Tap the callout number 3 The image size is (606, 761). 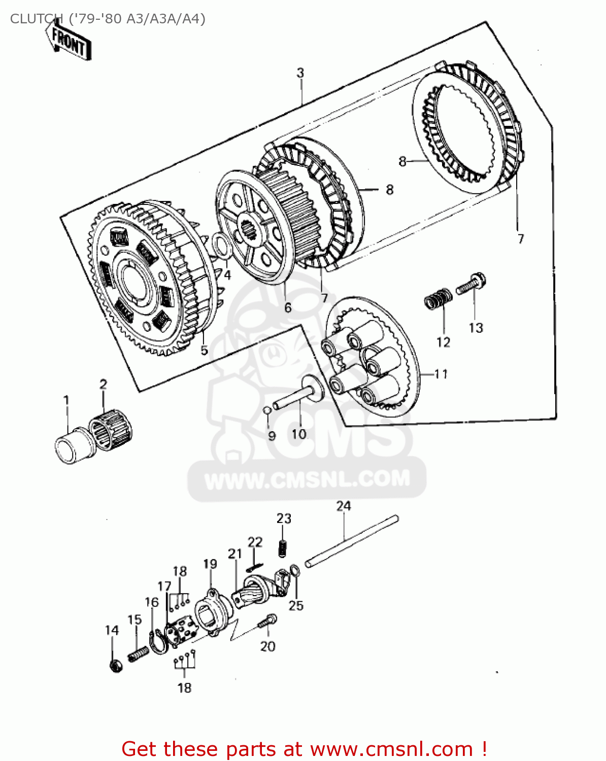pyautogui.click(x=300, y=73)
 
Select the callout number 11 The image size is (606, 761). pyautogui.click(x=441, y=374)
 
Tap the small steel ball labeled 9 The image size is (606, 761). pyautogui.click(x=267, y=410)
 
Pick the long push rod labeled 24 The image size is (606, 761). pyautogui.click(x=352, y=541)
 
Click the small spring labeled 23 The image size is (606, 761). pyautogui.click(x=284, y=548)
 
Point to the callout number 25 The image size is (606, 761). pyautogui.click(x=296, y=605)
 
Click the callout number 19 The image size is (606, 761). pyautogui.click(x=210, y=564)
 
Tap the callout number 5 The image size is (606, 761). pyautogui.click(x=204, y=350)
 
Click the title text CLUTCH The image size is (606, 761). pyautogui.click(x=31, y=19)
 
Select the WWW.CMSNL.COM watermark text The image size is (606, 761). pyautogui.click(x=307, y=479)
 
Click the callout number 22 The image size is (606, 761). pyautogui.click(x=255, y=542)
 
